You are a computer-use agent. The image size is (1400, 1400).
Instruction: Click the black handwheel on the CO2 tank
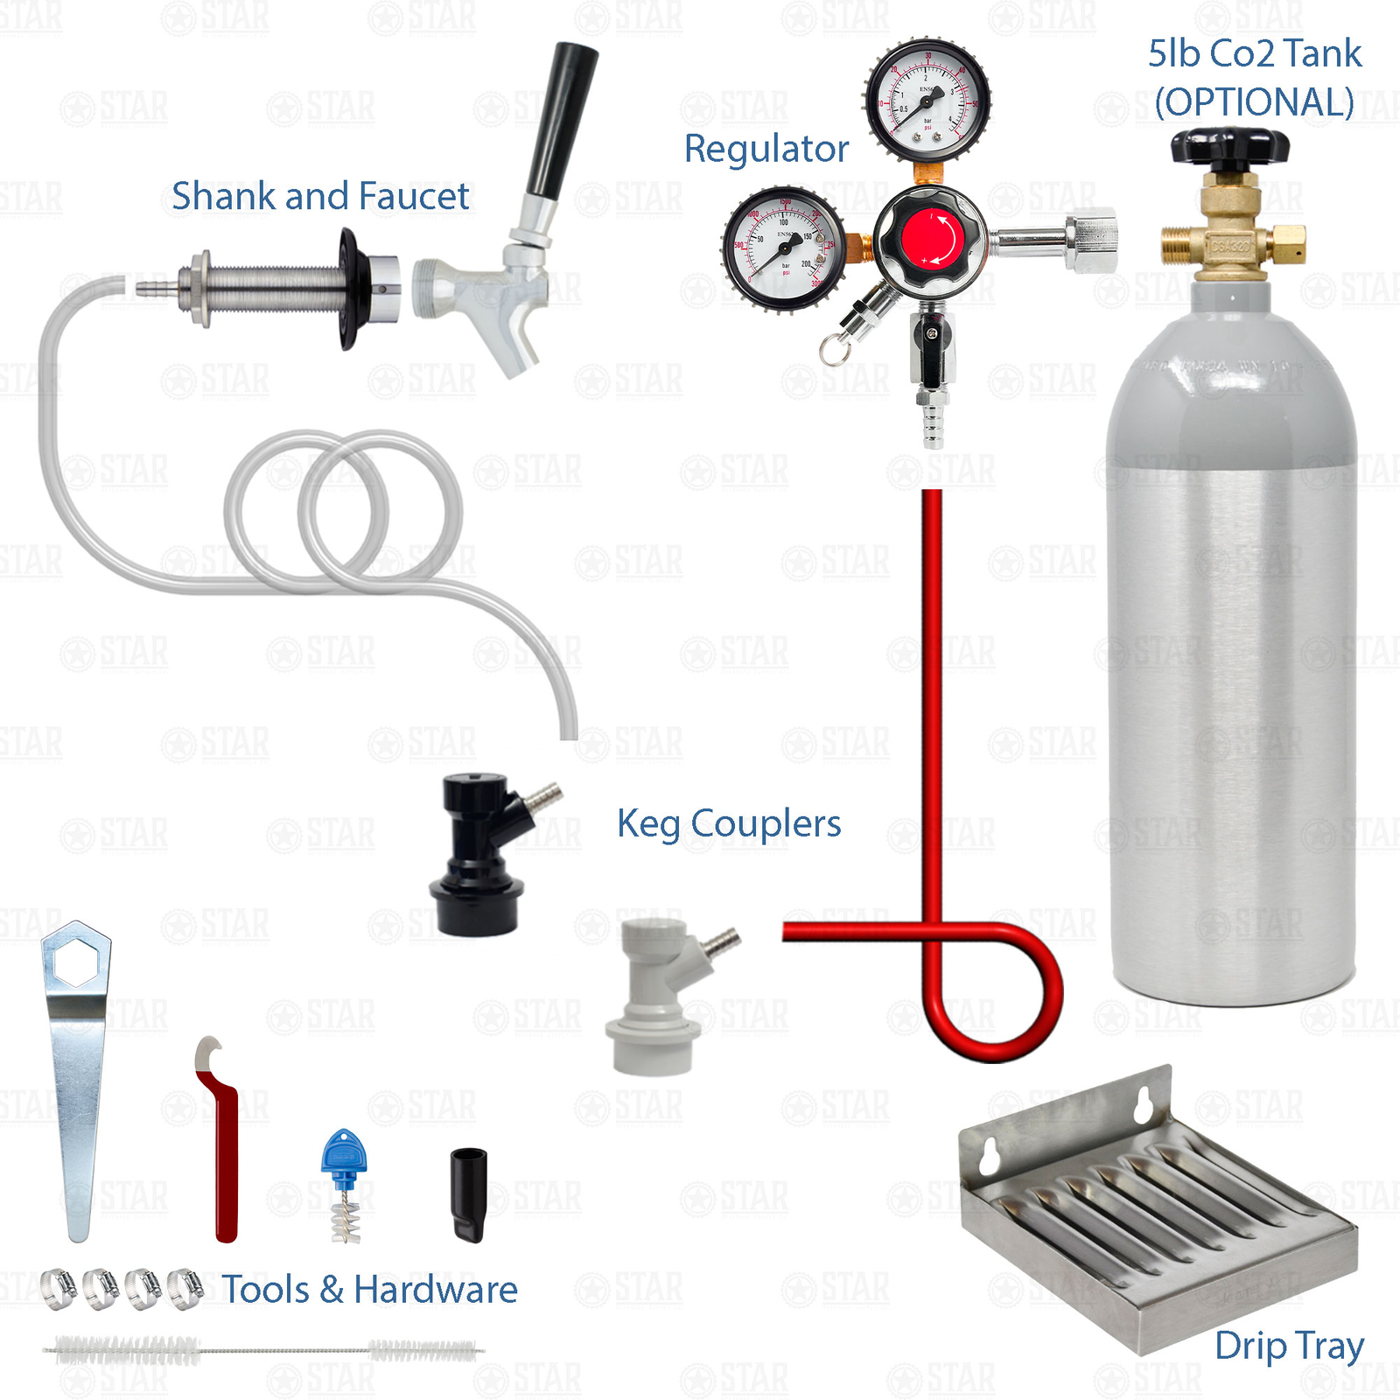pyautogui.click(x=1229, y=146)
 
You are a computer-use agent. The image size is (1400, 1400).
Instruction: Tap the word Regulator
pyautogui.click(x=766, y=149)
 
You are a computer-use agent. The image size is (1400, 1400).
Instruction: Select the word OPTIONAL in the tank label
pyautogui.click(x=1254, y=102)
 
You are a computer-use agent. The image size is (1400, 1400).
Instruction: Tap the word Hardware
pyautogui.click(x=435, y=1290)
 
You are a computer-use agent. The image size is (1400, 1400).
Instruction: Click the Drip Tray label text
pyautogui.click(x=1289, y=1347)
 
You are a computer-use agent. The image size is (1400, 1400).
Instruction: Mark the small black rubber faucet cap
pyautogui.click(x=468, y=1194)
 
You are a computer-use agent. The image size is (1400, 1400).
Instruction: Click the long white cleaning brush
pyautogui.click(x=262, y=1350)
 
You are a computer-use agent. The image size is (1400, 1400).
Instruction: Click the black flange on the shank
pyautogui.click(x=351, y=289)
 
